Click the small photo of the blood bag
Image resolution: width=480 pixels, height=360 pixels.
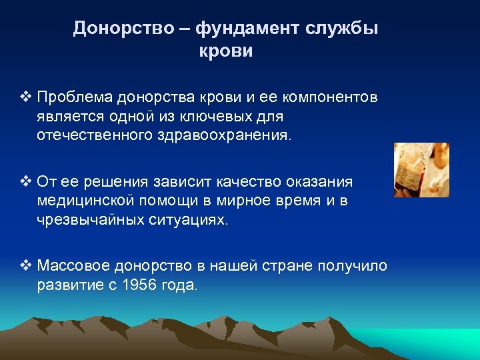tap(421, 170)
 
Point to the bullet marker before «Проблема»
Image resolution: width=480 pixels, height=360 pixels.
tap(25, 98)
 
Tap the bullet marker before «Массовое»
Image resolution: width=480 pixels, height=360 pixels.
tap(25, 266)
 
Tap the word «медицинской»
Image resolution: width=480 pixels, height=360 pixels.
tap(85, 201)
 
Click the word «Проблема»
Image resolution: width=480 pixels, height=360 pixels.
tap(75, 98)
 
